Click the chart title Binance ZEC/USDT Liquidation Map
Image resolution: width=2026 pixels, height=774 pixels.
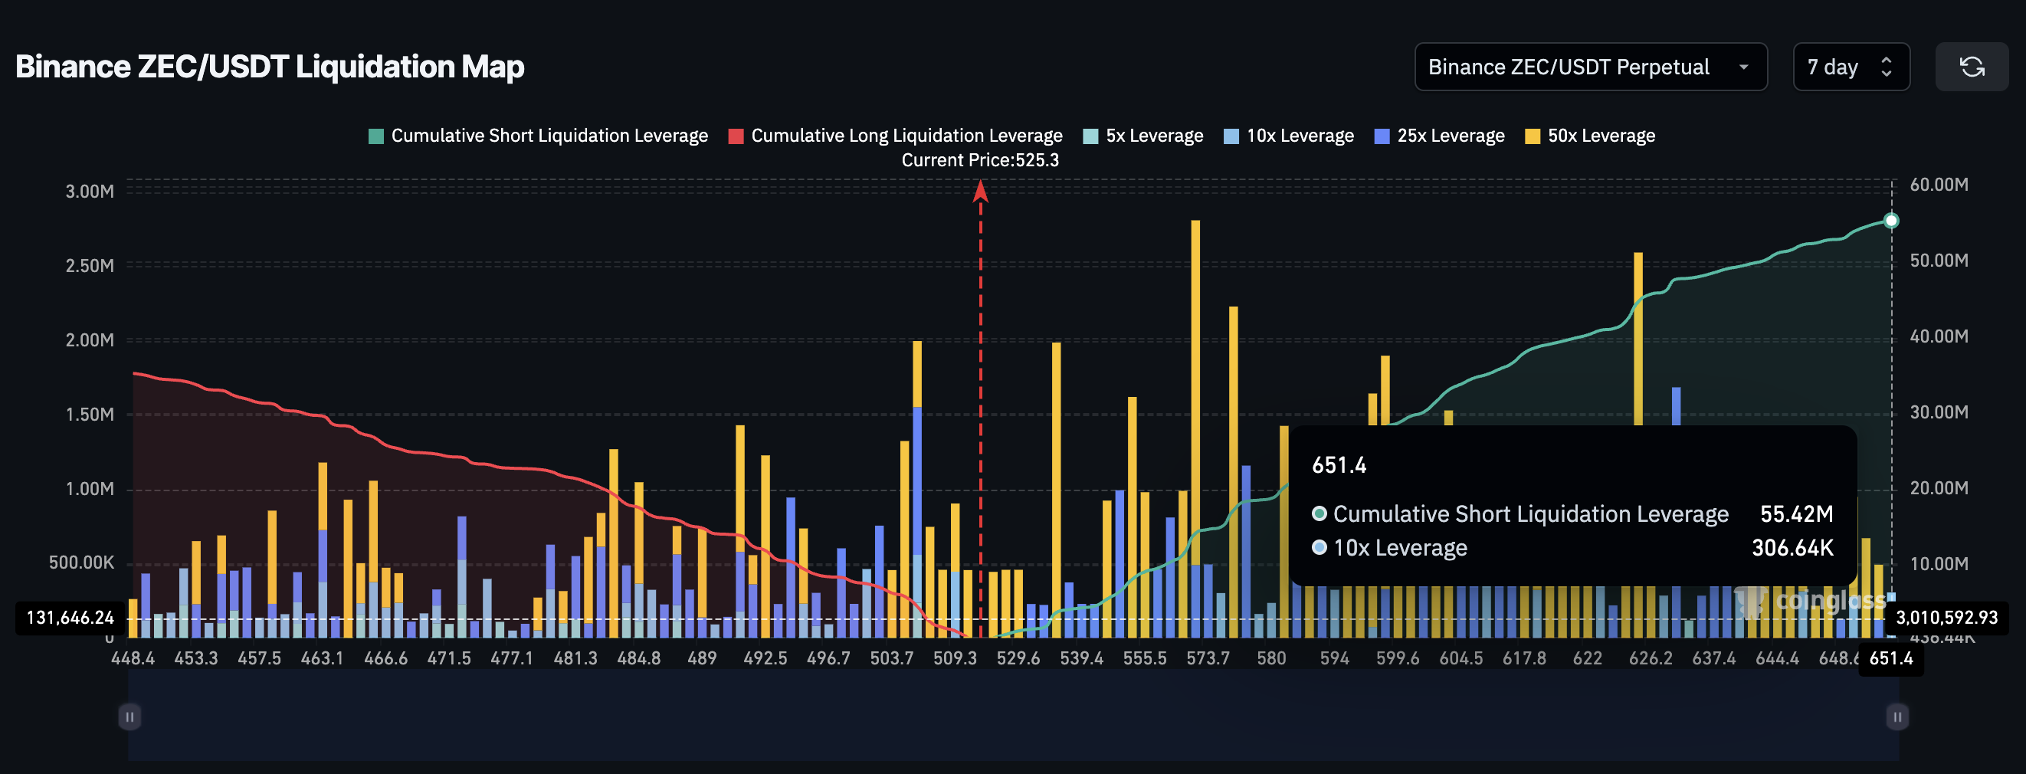tap(270, 67)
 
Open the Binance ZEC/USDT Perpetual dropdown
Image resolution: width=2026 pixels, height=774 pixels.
tap(1589, 67)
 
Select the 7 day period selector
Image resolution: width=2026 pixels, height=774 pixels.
tap(1850, 67)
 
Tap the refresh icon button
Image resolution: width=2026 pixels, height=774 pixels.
tap(1971, 67)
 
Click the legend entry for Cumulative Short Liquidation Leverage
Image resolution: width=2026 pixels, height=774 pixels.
tap(539, 136)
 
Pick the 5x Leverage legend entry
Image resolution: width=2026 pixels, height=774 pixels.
tap(1143, 136)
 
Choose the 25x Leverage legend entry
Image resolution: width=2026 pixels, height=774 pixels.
tap(1439, 136)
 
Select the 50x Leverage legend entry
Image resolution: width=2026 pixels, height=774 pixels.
tap(1590, 136)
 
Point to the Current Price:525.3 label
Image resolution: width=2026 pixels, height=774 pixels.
tap(980, 159)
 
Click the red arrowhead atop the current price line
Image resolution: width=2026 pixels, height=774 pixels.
tap(980, 190)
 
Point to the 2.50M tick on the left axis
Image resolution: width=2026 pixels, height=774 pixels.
tap(90, 266)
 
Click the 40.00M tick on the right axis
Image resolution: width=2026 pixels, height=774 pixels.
tap(1939, 336)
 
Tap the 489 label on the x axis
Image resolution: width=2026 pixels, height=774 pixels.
tap(702, 658)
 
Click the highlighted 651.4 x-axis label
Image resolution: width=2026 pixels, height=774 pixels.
tap(1890, 658)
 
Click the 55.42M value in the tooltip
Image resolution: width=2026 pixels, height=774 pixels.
tap(1796, 513)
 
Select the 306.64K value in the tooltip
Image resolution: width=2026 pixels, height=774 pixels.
tap(1792, 547)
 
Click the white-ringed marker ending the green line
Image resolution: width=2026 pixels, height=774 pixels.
tap(1891, 220)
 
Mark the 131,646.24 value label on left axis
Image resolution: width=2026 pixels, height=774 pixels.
tap(70, 618)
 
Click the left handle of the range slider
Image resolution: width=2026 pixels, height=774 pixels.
tap(129, 717)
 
